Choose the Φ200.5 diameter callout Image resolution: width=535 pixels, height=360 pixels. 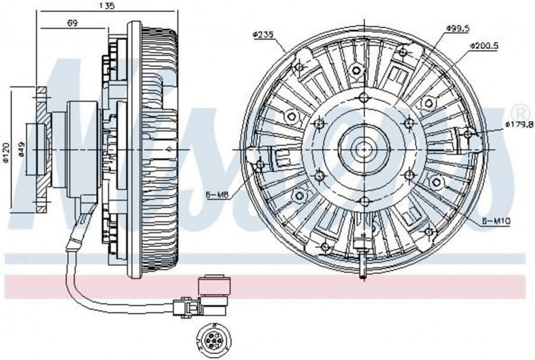[481, 46]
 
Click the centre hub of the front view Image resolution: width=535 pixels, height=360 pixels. [363, 147]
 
